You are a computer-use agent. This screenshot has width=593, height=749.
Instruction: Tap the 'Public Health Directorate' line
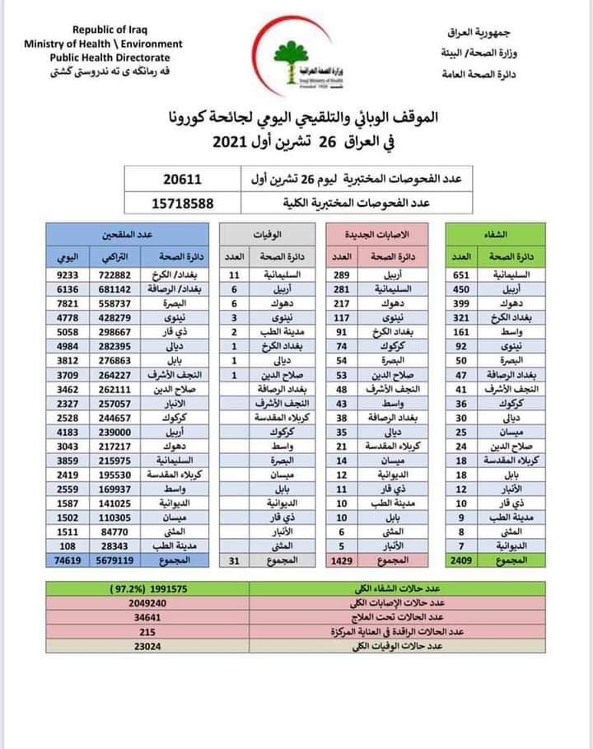109,58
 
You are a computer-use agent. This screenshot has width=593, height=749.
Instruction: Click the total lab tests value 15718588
182,202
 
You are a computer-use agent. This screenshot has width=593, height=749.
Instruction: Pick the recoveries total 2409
468,561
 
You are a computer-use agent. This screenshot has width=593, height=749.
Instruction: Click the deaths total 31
235,561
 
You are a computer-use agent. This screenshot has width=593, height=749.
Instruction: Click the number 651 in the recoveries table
467,274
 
